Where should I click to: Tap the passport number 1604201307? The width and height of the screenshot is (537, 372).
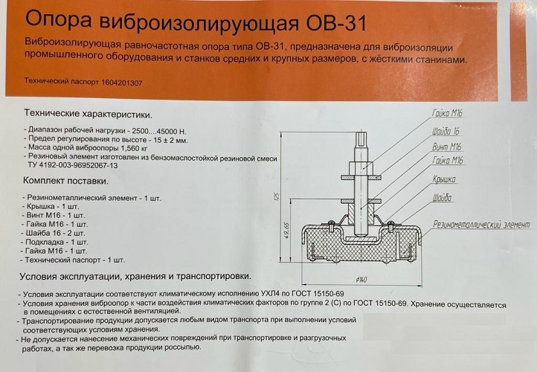pyautogui.click(x=121, y=83)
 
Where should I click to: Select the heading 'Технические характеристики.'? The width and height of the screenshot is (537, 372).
pyautogui.click(x=89, y=114)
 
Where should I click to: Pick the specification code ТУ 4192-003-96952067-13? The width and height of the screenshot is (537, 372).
pyautogui.click(x=73, y=165)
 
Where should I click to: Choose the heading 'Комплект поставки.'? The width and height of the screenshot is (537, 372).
pyautogui.click(x=65, y=181)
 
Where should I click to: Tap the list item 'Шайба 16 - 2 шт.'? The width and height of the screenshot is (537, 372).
pyautogui.click(x=56, y=234)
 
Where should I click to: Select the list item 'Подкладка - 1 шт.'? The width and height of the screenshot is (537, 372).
pyautogui.click(x=57, y=243)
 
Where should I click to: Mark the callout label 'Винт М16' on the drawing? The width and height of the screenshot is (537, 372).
pyautogui.click(x=446, y=147)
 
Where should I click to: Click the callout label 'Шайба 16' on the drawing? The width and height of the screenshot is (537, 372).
pyautogui.click(x=446, y=132)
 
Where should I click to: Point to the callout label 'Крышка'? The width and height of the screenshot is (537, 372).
pyautogui.click(x=444, y=179)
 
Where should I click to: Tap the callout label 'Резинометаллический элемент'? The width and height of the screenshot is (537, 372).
pyautogui.click(x=481, y=225)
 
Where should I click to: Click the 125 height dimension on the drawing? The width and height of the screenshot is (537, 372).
pyautogui.click(x=277, y=196)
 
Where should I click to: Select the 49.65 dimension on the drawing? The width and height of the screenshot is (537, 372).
pyautogui.click(x=287, y=230)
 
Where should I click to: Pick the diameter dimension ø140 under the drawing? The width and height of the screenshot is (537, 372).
pyautogui.click(x=361, y=280)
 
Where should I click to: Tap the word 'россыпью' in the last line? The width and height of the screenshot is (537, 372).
pyautogui.click(x=183, y=347)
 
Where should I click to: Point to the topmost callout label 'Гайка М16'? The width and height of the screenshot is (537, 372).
pyautogui.click(x=447, y=113)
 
